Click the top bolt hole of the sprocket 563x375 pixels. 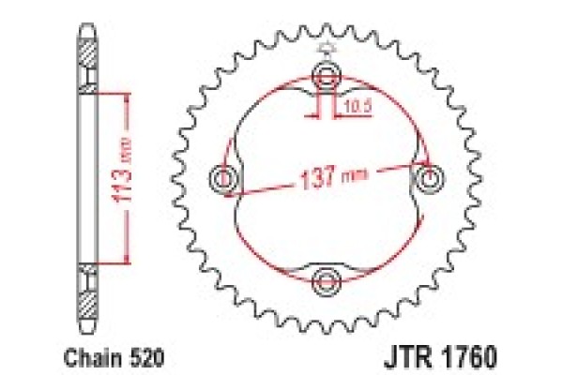pos(327,74)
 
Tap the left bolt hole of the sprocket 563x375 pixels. pos(224,177)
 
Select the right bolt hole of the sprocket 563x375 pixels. pos(431,177)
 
